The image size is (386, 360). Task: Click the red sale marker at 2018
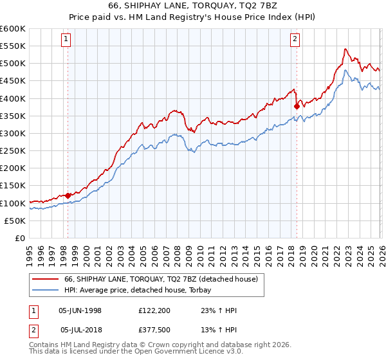click(x=297, y=106)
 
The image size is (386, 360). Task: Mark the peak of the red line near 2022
click(x=345, y=49)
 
